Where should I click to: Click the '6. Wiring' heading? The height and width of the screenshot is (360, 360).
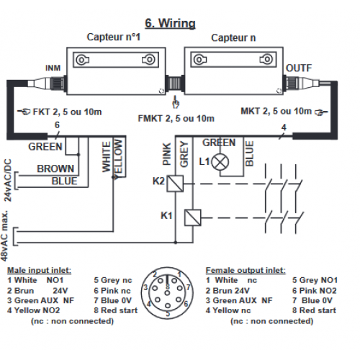pos(170,24)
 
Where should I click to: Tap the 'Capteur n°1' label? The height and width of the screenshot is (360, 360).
pos(114,37)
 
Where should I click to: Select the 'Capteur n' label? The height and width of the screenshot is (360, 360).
pos(233,37)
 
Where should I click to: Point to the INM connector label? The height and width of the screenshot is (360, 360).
pos(53,68)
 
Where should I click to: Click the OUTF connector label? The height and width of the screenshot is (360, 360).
pos(299,68)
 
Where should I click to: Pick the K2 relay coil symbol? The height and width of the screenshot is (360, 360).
pos(175,184)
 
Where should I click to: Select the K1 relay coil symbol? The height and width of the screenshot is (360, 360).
pos(192,217)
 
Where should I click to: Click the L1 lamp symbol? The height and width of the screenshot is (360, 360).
pos(220,162)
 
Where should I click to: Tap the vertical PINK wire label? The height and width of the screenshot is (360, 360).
pos(167,154)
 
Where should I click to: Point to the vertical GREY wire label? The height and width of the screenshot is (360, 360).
pos(184,154)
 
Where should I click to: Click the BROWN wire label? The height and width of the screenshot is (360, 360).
pos(55,168)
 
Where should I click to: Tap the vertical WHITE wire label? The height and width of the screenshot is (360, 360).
pos(107,157)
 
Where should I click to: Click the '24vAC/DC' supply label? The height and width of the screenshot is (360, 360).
pos(8,180)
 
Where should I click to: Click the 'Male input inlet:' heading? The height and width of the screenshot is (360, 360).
pos(40,271)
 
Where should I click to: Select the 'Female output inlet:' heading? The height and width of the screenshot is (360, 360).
pos(246,271)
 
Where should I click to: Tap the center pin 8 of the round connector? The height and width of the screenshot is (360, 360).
pos(168,293)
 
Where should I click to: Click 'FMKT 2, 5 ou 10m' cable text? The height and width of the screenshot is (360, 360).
pos(176,119)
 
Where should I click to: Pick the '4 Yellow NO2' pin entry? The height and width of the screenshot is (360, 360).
pos(33,310)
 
